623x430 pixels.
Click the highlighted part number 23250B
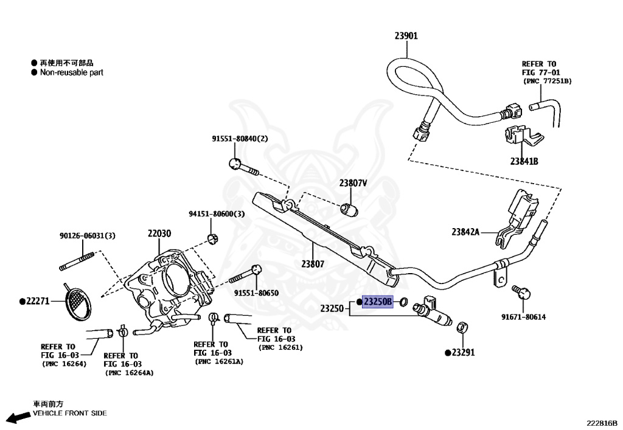coord(377,302)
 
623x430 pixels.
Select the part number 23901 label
coord(406,36)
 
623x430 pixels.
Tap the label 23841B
coord(524,161)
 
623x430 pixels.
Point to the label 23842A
coord(465,232)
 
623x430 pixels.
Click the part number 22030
coord(159,234)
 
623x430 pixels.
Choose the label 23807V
coord(353,183)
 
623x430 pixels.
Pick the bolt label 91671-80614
coord(523,317)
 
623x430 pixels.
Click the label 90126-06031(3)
coord(88,236)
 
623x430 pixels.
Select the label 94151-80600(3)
coord(217,214)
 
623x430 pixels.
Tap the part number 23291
coord(463,353)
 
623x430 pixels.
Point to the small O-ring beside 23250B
coord(403,302)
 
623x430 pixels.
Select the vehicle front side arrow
coord(18,417)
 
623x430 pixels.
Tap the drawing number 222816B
coord(602,423)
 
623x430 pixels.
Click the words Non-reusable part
coord(72,72)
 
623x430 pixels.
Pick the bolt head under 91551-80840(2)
coord(235,163)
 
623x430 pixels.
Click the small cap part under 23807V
coord(350,209)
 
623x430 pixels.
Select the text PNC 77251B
coord(548,81)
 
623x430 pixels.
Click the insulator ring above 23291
coord(462,327)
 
